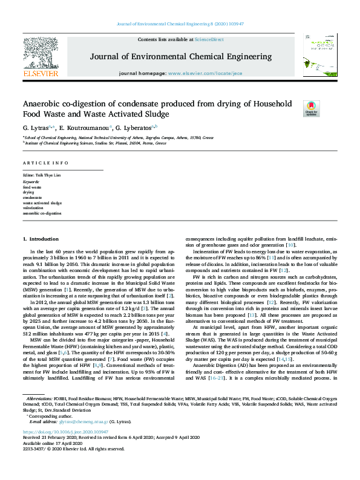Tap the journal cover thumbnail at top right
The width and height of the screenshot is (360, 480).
coord(316,56)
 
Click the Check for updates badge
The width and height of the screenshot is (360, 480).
coord(311,108)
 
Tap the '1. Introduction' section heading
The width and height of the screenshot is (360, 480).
coord(41,239)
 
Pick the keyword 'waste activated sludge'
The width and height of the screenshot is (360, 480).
coord(42,203)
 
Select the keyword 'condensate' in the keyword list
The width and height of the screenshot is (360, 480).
coord(33,198)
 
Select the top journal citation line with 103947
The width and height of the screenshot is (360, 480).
coord(180,24)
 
